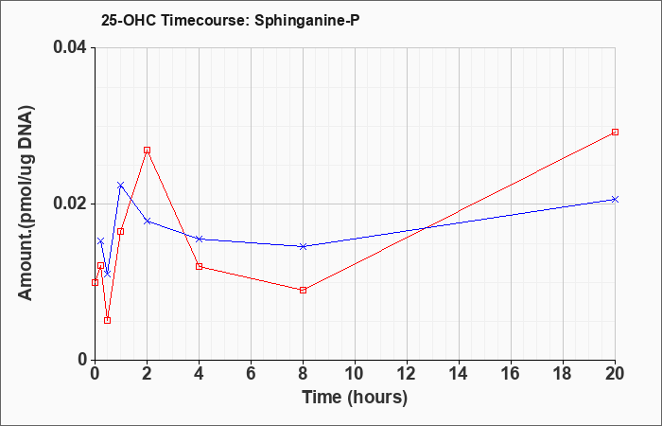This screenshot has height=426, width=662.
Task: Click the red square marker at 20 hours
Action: [615, 132]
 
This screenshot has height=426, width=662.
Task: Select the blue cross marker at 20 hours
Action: [615, 199]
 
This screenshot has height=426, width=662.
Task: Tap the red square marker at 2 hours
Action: [147, 150]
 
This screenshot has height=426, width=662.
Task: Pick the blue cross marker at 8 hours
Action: [303, 246]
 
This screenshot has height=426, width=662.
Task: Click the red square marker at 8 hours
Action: [303, 290]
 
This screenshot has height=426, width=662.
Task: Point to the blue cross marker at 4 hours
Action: [200, 239]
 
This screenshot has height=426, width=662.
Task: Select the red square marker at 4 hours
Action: [200, 266]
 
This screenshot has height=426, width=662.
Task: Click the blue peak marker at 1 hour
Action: [121, 186]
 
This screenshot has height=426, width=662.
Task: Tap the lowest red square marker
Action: [107, 320]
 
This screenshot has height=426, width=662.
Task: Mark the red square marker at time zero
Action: [95, 282]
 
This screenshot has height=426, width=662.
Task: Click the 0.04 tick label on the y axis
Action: [70, 47]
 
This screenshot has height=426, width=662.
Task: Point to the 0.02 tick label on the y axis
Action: [70, 204]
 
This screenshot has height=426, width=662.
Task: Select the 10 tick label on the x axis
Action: [355, 374]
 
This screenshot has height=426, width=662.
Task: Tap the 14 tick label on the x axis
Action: [459, 374]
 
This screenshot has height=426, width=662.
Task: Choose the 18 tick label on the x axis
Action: [563, 374]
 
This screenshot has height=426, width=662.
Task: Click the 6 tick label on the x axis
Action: [251, 374]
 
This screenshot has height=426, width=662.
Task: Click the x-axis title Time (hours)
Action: [355, 398]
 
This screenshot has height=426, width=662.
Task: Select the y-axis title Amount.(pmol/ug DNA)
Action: [26, 204]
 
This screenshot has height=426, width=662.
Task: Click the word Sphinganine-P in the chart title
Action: [307, 20]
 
